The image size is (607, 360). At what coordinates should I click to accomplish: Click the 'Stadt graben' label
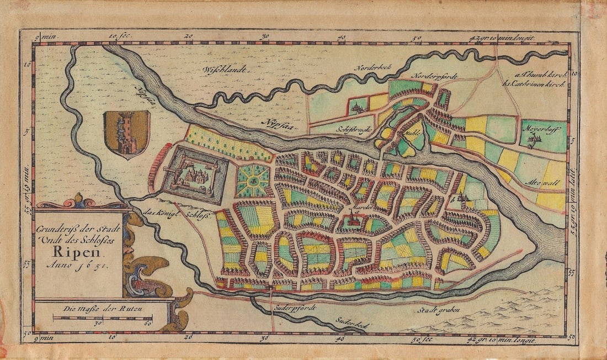pos(439,309)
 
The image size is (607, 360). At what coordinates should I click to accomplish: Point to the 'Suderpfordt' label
pos(292,308)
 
